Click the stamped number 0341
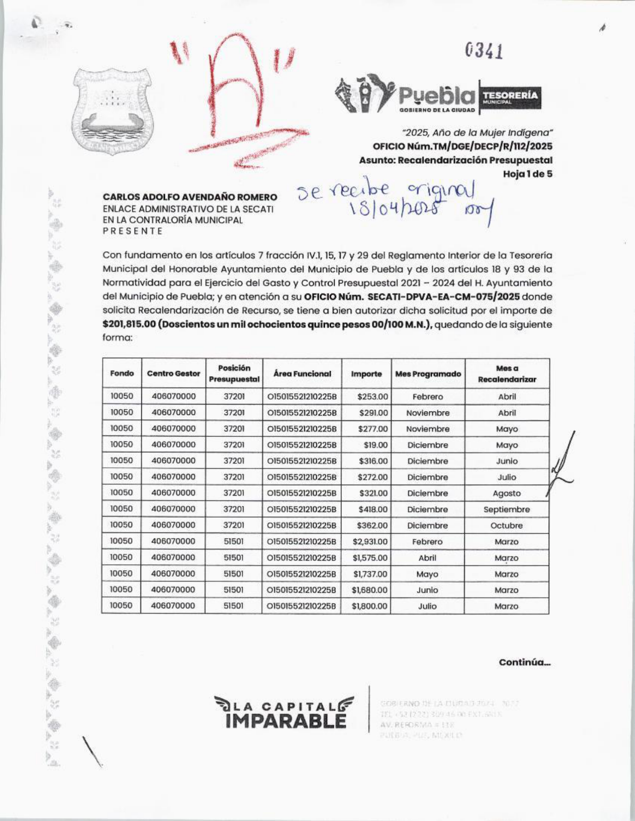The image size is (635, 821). click(484, 50)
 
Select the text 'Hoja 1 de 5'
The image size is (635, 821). click(527, 174)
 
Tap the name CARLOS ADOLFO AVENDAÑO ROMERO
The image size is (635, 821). click(190, 197)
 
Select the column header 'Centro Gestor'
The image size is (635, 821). click(173, 374)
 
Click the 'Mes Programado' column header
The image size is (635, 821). click(428, 374)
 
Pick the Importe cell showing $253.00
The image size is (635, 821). click(372, 397)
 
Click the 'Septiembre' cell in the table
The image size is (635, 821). click(507, 510)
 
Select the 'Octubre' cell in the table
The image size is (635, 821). click(507, 525)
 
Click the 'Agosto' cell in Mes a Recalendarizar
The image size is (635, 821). click(507, 494)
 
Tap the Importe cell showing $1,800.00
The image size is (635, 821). click(370, 606)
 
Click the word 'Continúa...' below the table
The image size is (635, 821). click(524, 662)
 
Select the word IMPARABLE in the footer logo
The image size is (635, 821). click(285, 720)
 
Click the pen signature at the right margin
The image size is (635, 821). click(562, 465)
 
